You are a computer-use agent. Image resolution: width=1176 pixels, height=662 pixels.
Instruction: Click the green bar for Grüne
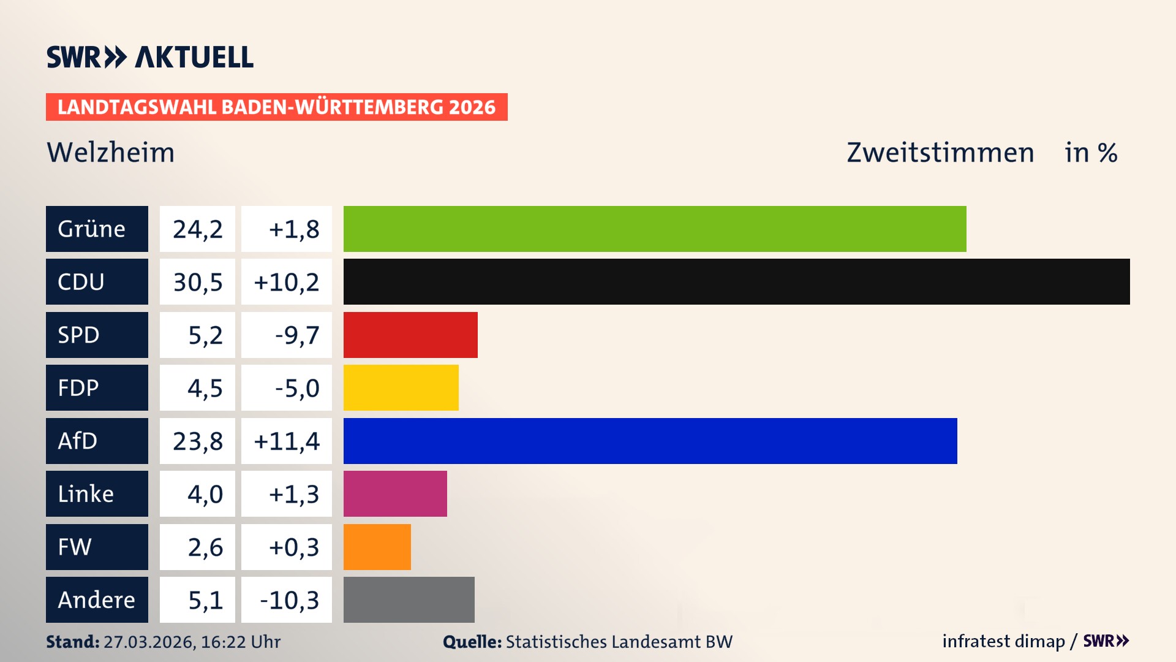(x=654, y=229)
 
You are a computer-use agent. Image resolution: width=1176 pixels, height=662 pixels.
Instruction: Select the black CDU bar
(x=736, y=281)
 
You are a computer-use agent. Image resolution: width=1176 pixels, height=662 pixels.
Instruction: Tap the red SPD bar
(x=410, y=335)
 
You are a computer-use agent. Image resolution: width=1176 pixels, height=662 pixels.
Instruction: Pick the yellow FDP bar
(x=401, y=387)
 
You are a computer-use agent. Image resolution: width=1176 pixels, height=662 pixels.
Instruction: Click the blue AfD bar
(x=650, y=441)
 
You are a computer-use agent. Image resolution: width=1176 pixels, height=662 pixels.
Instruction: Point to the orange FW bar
(x=377, y=547)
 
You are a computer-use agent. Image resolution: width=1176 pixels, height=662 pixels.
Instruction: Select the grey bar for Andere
(x=409, y=599)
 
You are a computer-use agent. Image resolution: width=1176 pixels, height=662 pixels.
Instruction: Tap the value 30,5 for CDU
(x=197, y=282)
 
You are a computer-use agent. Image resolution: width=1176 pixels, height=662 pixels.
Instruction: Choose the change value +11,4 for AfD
(x=287, y=441)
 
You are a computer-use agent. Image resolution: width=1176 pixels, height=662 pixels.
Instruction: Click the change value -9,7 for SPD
(x=296, y=335)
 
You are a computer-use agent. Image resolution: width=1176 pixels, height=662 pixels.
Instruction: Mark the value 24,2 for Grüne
(x=197, y=229)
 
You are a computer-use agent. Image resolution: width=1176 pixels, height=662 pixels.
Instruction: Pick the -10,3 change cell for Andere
(x=289, y=599)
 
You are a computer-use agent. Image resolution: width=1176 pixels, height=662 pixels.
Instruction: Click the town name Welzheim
(x=111, y=152)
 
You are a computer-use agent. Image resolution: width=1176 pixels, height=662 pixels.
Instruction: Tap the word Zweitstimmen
(x=940, y=152)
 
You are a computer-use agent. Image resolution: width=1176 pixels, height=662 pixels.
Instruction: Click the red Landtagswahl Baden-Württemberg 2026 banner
(x=276, y=107)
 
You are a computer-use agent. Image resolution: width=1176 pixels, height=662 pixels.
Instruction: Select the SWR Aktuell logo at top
(x=150, y=57)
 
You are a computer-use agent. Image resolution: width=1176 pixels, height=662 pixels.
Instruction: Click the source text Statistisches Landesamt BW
(x=619, y=642)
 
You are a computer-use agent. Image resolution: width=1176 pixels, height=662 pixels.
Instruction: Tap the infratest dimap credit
(x=1003, y=641)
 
